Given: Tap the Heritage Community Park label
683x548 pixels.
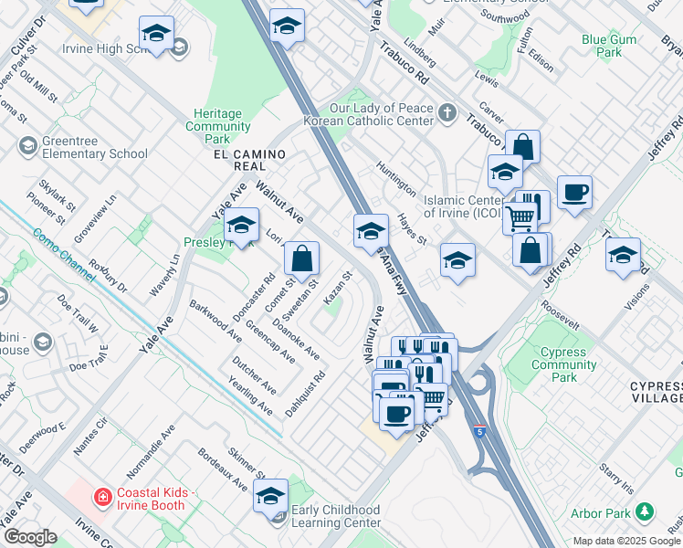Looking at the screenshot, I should (x=217, y=126).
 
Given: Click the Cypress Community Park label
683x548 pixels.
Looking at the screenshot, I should (x=564, y=364).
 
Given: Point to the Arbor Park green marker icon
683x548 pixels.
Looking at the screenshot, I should (x=646, y=510).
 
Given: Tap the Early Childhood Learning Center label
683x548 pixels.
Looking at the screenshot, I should (x=335, y=516).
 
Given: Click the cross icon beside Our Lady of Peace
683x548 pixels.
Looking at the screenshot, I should (x=447, y=113).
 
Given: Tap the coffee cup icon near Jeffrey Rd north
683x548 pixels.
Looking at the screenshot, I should (x=574, y=193).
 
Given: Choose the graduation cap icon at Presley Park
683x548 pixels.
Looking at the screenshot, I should (x=241, y=225).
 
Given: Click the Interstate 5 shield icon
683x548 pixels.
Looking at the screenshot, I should (x=478, y=431).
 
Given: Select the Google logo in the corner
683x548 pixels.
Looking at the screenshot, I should (x=30, y=537).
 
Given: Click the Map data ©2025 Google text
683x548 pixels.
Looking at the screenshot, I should (x=625, y=541).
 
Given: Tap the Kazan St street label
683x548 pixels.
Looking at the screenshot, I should (x=337, y=290).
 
